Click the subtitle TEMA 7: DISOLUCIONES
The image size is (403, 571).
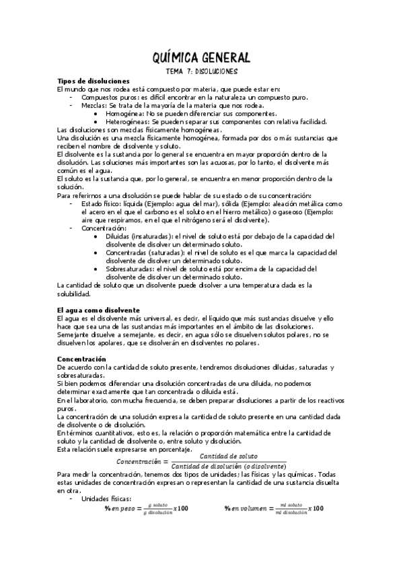click(x=201, y=71)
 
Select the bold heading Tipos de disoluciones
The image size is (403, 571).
click(x=93, y=81)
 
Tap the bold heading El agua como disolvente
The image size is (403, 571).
click(x=98, y=309)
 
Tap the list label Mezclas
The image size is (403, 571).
click(x=93, y=106)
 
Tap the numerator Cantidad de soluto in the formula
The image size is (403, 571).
click(x=229, y=457)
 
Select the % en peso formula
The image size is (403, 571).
click(x=146, y=508)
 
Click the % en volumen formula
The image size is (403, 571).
click(x=274, y=508)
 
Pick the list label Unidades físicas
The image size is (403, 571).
click(x=106, y=498)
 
